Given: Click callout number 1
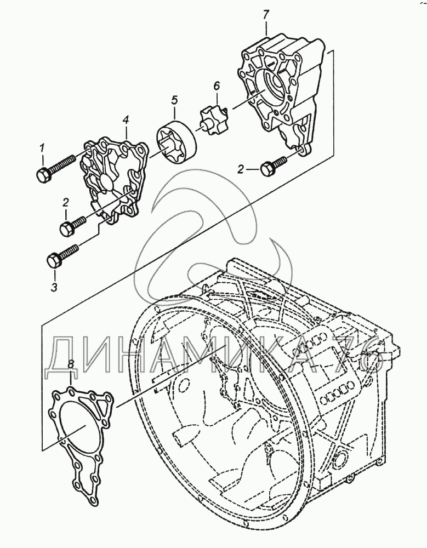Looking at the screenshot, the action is pyautogui.click(x=42, y=147).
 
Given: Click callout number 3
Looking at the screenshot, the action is pyautogui.click(x=53, y=286).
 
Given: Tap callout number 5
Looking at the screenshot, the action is pyautogui.click(x=174, y=100).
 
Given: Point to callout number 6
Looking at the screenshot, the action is pyautogui.click(x=216, y=85).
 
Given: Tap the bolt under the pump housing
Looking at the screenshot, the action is pyautogui.click(x=273, y=165).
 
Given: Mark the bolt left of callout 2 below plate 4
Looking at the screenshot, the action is pyautogui.click(x=72, y=225).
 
